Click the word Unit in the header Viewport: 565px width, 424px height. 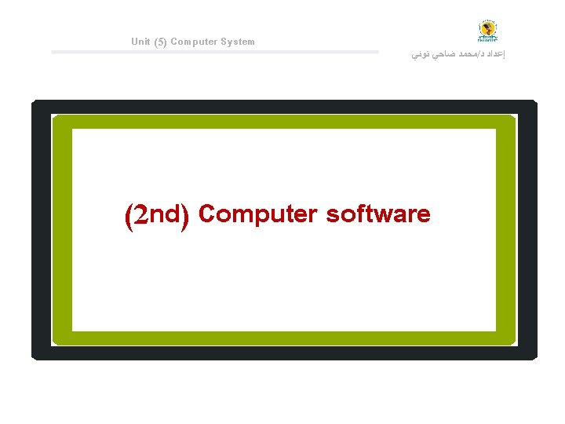pyautogui.click(x=141, y=42)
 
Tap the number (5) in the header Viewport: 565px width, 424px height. pyautogui.click(x=160, y=42)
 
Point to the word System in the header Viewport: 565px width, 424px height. pyautogui.click(x=238, y=42)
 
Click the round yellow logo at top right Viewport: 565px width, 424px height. pyautogui.click(x=488, y=31)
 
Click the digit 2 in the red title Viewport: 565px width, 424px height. pyautogui.click(x=140, y=215)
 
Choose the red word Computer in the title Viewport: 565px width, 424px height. pyautogui.click(x=258, y=214)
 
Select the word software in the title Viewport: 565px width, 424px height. pyautogui.click(x=378, y=214)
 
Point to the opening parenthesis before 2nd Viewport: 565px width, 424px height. pyautogui.click(x=128, y=217)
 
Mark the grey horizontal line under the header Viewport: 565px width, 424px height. pyautogui.click(x=214, y=52)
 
